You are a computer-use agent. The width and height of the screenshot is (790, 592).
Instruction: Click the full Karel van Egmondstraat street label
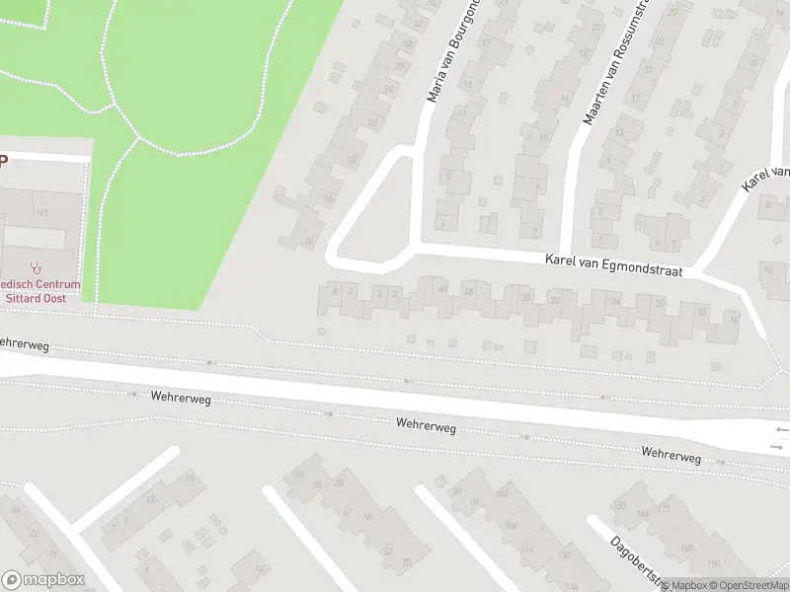[613, 263]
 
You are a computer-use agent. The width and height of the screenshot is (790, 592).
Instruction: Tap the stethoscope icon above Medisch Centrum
[38, 266]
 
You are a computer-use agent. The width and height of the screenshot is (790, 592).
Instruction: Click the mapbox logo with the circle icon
[43, 580]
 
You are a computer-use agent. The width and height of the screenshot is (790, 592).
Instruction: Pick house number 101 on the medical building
[41, 213]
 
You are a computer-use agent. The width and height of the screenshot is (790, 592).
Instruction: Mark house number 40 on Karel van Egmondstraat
[443, 289]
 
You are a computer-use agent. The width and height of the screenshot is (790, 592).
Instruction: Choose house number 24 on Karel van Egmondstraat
[616, 301]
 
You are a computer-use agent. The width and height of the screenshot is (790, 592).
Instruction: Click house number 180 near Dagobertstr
[687, 549]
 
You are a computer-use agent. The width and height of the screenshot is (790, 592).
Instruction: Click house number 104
[511, 527]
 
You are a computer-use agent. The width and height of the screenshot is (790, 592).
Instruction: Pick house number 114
[528, 550]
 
